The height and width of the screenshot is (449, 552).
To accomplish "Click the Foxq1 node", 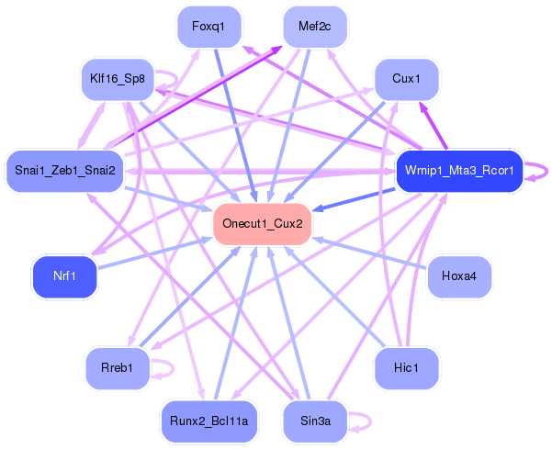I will [208, 26].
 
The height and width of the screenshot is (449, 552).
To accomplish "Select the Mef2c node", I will [315, 26].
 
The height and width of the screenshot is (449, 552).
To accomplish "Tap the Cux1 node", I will [406, 79].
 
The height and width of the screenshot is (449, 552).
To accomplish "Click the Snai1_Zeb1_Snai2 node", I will [65, 171].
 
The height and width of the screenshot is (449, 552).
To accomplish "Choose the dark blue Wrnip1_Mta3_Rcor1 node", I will [458, 171].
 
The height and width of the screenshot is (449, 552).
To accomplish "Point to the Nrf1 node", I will [64, 276].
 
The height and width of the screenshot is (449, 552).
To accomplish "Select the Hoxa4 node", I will [459, 276].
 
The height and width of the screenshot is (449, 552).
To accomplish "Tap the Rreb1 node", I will [117, 368].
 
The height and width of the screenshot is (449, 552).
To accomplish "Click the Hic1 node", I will [405, 368].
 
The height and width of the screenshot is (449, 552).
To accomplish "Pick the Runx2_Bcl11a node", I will [209, 421].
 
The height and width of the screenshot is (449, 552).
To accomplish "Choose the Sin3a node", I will [315, 421].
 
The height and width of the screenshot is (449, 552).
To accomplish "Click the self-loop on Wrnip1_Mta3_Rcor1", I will [543, 171].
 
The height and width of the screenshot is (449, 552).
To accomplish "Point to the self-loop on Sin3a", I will [366, 421].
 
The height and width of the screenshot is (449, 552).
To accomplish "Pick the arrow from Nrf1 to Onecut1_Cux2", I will [156, 252].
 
